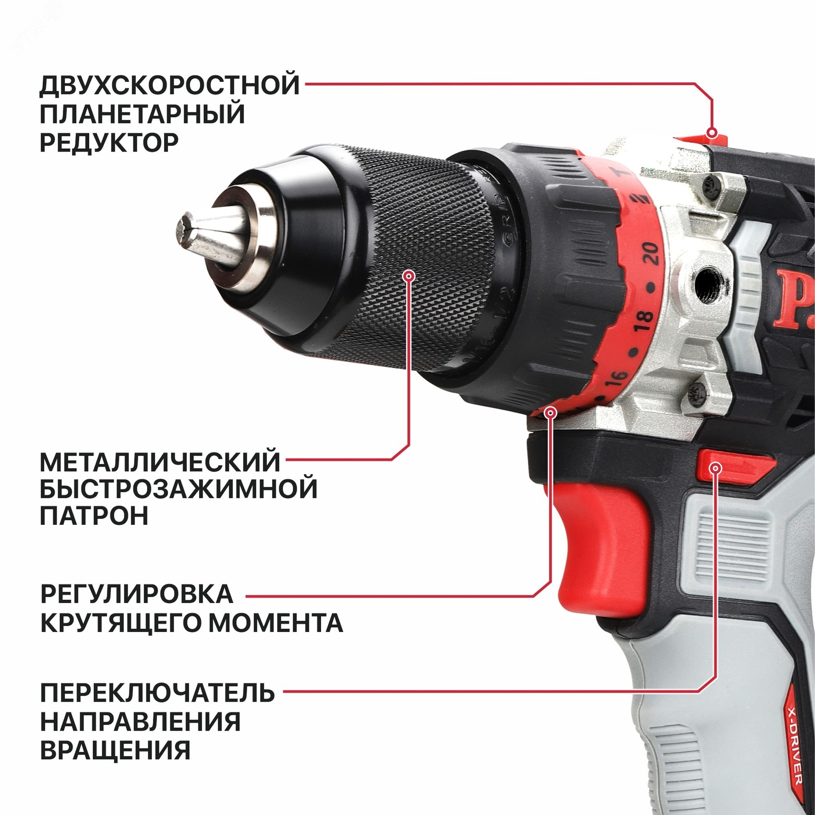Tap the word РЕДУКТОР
click(109, 143)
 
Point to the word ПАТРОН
click(94, 515)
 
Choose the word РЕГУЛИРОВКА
click(137, 594)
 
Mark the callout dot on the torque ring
click(551, 412)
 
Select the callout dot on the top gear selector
click(711, 133)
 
